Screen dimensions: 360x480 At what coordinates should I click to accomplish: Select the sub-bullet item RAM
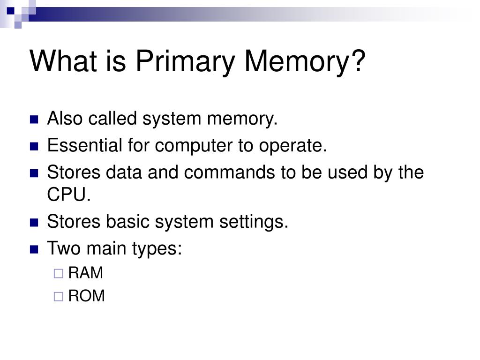click(x=85, y=273)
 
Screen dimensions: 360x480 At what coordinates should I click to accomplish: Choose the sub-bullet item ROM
click(x=86, y=296)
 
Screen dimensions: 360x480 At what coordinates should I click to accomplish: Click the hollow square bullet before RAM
click(x=58, y=274)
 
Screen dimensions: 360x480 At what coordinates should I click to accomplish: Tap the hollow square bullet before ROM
click(x=58, y=297)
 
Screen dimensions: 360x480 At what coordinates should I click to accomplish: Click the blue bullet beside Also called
click(x=34, y=120)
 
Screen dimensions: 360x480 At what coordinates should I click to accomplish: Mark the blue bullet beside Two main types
click(x=34, y=249)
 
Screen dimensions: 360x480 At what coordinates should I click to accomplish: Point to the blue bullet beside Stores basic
click(x=34, y=222)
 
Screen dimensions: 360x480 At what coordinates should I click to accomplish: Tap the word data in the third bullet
click(x=123, y=172)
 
